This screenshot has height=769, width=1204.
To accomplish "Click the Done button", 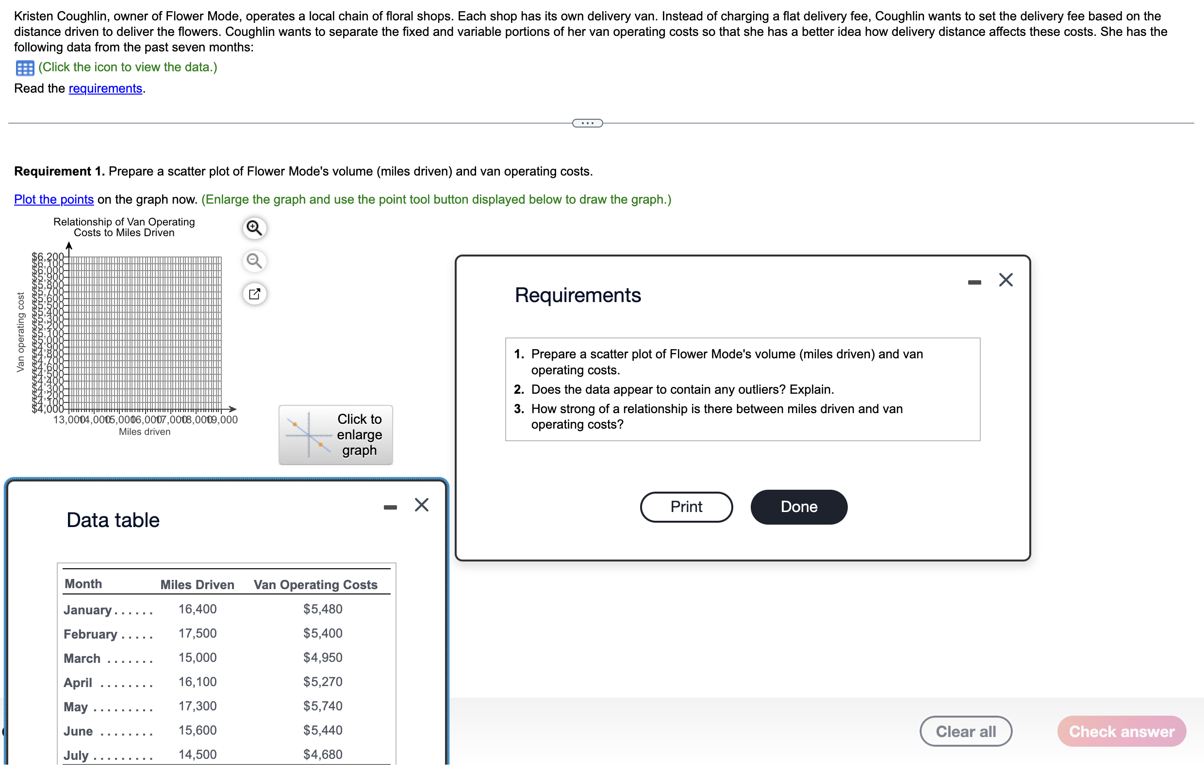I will coord(798,507).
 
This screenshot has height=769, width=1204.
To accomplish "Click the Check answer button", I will coord(1121,731).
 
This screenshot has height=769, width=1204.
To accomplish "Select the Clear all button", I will coord(966,731).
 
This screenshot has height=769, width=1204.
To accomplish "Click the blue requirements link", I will coord(105,88).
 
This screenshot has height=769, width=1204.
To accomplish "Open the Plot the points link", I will coord(54,199).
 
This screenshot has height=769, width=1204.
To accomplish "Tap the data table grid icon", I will coord(25,67).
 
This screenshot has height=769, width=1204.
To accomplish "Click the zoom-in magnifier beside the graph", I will coord(254,228).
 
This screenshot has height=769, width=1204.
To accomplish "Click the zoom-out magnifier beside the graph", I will coord(254,261).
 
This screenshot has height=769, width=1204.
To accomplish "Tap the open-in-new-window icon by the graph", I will coord(254,294).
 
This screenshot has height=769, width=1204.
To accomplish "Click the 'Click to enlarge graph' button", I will coord(335,435).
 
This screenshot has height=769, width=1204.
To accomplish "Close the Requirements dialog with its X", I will coord(1006,280).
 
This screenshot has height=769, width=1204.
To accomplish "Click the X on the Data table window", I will coord(422,505).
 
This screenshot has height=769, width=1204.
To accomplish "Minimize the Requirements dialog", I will coord(974,282).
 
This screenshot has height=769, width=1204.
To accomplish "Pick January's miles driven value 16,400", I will coord(198,609).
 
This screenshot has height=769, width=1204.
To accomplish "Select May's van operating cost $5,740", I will coord(323,706).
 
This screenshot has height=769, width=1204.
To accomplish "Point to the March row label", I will coord(82,658).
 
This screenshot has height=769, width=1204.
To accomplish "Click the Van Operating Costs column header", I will coord(315,585).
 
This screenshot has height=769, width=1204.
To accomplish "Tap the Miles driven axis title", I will coord(145,432).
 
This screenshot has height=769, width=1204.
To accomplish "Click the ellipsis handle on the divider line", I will coord(588,123).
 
